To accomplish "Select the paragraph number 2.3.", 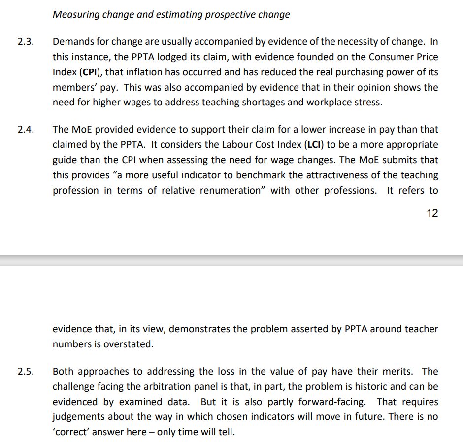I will [x=25, y=41].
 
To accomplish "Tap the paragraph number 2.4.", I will [x=25, y=130].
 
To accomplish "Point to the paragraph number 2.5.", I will [x=25, y=372].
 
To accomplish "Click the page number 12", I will [x=432, y=213].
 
